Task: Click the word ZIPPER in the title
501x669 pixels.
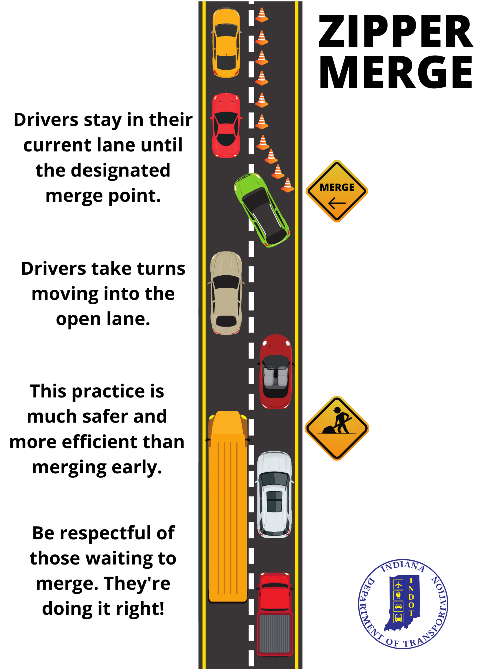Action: (x=396, y=31)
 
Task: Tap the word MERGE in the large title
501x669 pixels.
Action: (x=396, y=72)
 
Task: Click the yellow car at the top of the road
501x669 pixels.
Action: (x=226, y=43)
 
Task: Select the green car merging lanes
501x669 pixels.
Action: (x=262, y=210)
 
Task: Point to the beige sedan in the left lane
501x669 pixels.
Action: (x=226, y=293)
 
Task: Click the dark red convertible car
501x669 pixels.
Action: (x=276, y=372)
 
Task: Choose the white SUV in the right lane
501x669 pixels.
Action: (x=274, y=495)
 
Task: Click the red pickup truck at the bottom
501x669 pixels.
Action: (x=275, y=614)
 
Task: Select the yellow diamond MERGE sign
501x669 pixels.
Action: (x=337, y=191)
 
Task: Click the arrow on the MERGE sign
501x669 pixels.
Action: (x=337, y=203)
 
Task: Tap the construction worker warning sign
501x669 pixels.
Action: (x=337, y=428)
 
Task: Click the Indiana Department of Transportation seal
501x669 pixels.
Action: (x=403, y=604)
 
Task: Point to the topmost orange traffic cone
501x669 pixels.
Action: (x=262, y=15)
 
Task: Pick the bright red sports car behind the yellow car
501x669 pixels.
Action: (x=226, y=125)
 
